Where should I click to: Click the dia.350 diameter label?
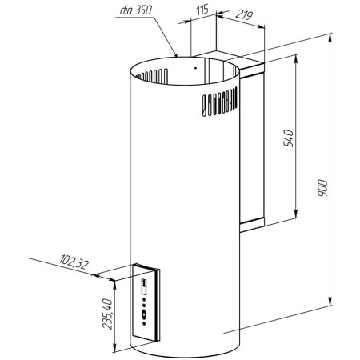coord(136,10)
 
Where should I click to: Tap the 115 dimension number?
coord(202,10)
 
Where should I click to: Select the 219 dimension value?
coord(243,15)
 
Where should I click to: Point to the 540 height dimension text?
coord(288,138)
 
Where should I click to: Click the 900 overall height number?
coord(322,188)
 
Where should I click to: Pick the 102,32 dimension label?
coord(74,262)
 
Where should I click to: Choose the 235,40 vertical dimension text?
coord(107,314)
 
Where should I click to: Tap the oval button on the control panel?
coord(144,314)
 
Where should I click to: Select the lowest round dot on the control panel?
coord(144,323)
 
